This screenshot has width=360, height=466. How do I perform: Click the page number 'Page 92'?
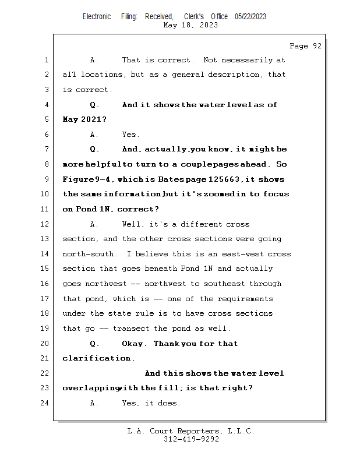pyautogui.click(x=305, y=46)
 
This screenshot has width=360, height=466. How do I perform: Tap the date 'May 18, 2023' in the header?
pyautogui.click(x=191, y=25)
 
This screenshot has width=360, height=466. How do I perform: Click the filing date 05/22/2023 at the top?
pyautogui.click(x=250, y=17)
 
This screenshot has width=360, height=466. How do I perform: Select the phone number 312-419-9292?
pyautogui.click(x=191, y=439)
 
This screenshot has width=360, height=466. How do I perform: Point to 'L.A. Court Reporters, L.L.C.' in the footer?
pyautogui.click(x=191, y=431)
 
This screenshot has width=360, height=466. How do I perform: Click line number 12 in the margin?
pyautogui.click(x=46, y=224)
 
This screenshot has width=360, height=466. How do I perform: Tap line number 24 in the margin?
pyautogui.click(x=46, y=403)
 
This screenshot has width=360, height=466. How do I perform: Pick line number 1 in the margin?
pyautogui.click(x=46, y=60)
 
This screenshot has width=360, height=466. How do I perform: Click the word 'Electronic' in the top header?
pyautogui.click(x=97, y=17)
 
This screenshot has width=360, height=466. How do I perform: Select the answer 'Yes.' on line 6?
pyautogui.click(x=130, y=135)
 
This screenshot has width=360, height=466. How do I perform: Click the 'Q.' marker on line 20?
pyautogui.click(x=95, y=344)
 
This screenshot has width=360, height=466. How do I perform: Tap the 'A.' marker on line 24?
pyautogui.click(x=95, y=403)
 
